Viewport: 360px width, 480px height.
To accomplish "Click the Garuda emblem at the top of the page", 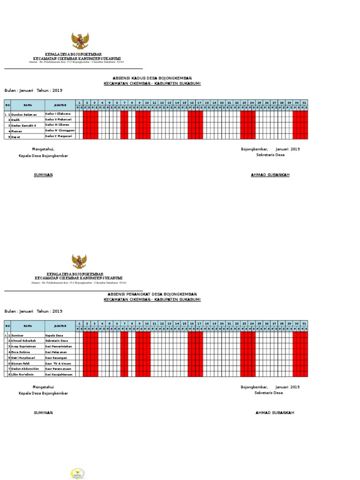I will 80,41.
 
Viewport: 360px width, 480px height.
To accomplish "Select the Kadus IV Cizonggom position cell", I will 60,130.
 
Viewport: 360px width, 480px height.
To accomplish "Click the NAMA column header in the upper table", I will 28,105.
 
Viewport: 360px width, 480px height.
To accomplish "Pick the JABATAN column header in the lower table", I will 60,326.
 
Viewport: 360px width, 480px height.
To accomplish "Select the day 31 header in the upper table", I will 304,102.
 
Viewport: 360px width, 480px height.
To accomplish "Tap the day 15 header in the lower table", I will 184,323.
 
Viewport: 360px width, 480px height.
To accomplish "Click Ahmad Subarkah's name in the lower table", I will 24,341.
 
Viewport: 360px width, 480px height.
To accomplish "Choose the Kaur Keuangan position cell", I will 56,357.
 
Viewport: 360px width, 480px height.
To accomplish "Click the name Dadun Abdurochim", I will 25,369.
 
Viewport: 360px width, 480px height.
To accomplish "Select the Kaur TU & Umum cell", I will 58,363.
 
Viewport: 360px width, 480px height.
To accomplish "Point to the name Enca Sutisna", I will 21,352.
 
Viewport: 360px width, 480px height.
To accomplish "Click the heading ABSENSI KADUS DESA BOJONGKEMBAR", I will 152,78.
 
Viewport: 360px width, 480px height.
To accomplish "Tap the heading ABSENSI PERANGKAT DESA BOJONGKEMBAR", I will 152,294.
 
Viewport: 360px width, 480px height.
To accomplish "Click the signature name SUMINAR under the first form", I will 43,175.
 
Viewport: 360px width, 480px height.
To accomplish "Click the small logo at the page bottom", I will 77,473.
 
